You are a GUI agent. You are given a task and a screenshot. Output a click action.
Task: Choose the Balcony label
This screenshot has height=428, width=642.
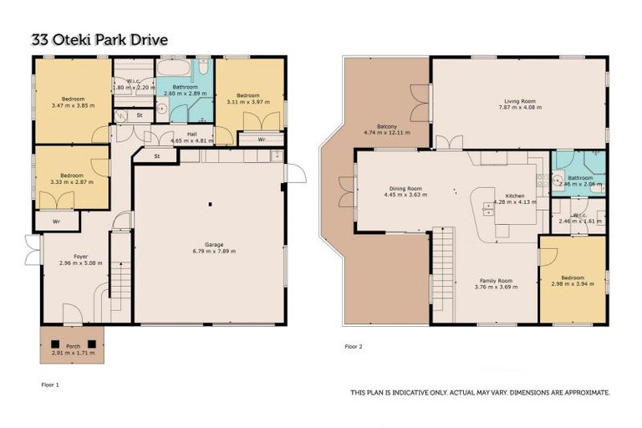pos(386,126)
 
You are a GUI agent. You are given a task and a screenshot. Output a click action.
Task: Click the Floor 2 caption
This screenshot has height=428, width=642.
pos(354,345)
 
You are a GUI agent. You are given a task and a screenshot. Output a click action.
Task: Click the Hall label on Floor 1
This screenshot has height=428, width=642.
pos(191,133)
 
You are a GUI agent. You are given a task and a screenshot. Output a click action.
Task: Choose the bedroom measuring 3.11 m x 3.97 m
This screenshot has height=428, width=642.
pos(248,96)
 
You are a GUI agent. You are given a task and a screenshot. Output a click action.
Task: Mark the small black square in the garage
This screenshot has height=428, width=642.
pos(210,204)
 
